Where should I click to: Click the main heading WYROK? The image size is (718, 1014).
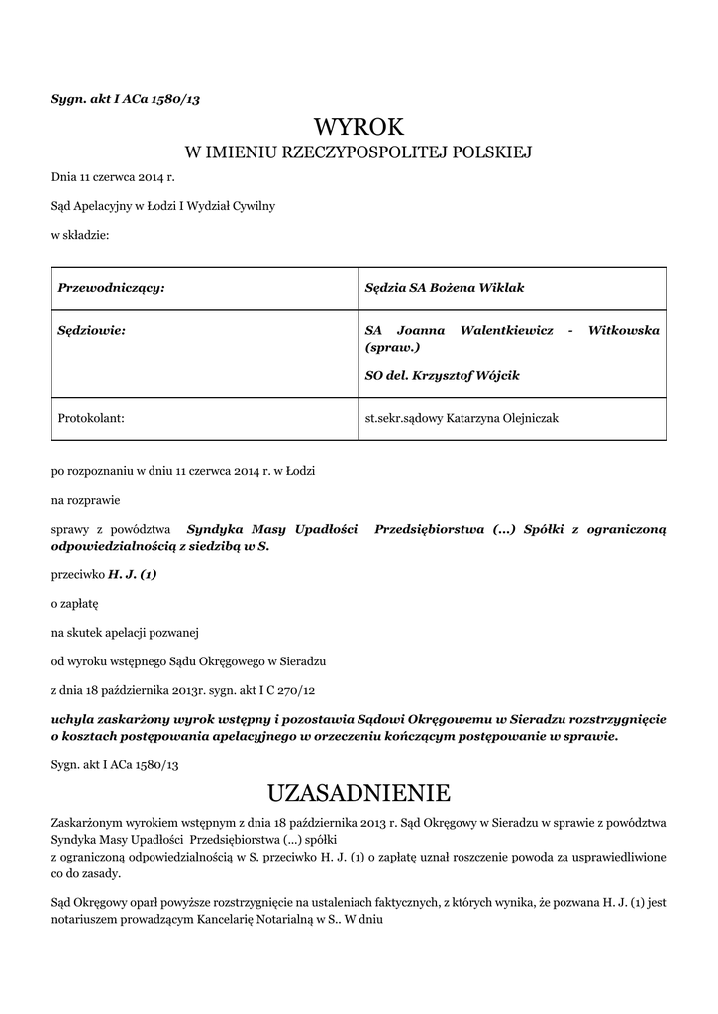pyautogui.click(x=359, y=127)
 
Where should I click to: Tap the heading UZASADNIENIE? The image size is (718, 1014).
pyautogui.click(x=359, y=792)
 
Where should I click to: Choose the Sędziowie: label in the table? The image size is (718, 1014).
pyautogui.click(x=93, y=329)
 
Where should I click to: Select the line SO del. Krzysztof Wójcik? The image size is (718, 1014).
pyautogui.click(x=442, y=376)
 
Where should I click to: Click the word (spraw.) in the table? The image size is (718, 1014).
pyautogui.click(x=393, y=348)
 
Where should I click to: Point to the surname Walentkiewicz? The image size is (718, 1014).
pyautogui.click(x=505, y=329)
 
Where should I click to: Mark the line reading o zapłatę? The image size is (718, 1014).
pyautogui.click(x=75, y=602)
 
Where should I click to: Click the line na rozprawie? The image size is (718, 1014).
pyautogui.click(x=86, y=500)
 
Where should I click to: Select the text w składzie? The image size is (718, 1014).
pyautogui.click(x=80, y=235)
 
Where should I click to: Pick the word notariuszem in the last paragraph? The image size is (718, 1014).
pyautogui.click(x=86, y=919)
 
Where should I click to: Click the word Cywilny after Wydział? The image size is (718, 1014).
pyautogui.click(x=253, y=206)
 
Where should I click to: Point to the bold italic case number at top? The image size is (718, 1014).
pyautogui.click(x=126, y=99)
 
